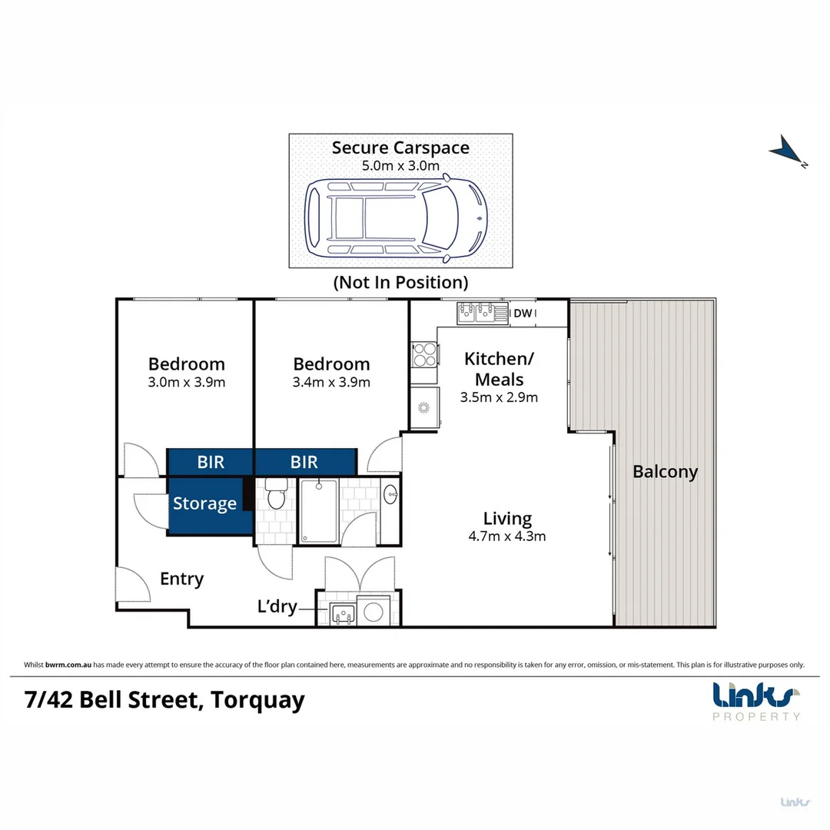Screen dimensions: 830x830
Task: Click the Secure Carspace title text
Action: click(x=400, y=148)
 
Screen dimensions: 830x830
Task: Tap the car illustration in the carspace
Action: click(x=396, y=217)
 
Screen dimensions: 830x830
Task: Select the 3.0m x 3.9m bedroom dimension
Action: click(x=187, y=382)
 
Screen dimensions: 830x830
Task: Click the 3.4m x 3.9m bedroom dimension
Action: click(x=332, y=382)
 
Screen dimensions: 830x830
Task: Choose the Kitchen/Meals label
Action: click(x=499, y=369)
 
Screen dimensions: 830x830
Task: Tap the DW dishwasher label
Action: click(x=523, y=313)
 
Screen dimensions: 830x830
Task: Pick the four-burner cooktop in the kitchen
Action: click(x=425, y=354)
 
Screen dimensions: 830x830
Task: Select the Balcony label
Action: click(x=665, y=472)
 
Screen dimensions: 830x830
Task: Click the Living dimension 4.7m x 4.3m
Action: click(x=507, y=536)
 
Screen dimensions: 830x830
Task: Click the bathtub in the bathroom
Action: click(x=318, y=510)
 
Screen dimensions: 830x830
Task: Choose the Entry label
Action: click(x=181, y=579)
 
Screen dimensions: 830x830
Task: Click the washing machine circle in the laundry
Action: click(x=374, y=612)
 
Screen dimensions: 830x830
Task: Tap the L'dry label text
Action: click(x=277, y=606)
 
